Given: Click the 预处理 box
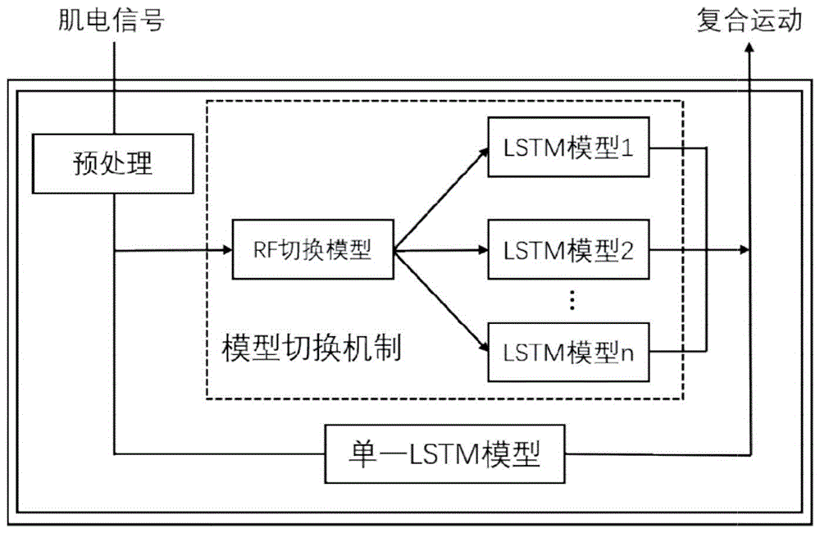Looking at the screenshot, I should (113, 164).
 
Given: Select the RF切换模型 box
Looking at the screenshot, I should (313, 251).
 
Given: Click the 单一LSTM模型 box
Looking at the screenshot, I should (445, 453).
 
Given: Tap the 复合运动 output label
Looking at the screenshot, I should (749, 20).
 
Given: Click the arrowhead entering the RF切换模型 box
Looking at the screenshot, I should (226, 251).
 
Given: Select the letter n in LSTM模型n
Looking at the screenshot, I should (628, 353).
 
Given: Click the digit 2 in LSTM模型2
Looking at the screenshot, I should (628, 250).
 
